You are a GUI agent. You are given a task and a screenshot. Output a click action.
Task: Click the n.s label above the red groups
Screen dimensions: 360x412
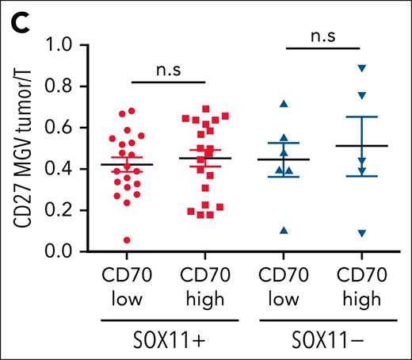[x=167, y=68]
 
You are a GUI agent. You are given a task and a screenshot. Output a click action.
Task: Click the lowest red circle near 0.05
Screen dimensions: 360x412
[x=127, y=240]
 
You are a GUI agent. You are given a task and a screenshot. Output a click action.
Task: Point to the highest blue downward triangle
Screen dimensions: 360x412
[x=360, y=68]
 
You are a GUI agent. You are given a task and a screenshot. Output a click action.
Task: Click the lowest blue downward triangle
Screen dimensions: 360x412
[x=362, y=233]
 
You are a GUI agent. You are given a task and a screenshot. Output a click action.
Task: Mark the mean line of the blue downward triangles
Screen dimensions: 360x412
[x=361, y=146]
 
